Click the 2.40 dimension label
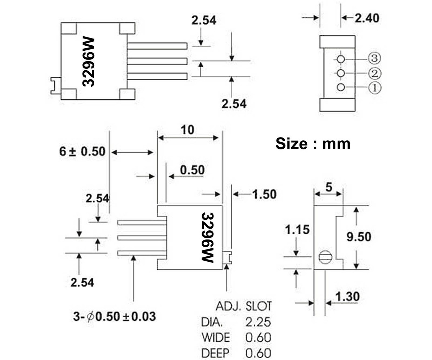pos(367,18)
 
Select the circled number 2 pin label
pos(374,73)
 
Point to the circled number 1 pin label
pos(374,88)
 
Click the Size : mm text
pos(313,144)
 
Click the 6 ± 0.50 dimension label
pos(82,152)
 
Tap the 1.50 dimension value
pos(264,194)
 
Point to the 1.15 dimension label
pos(297,229)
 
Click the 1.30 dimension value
pos(347,297)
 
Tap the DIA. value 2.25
pos(258,322)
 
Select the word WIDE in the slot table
pos(216,338)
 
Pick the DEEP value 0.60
pos(258,353)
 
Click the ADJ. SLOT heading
pos(243,306)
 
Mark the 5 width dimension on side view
pos(328,186)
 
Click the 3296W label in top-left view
pos(88,61)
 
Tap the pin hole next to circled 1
pos(341,87)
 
